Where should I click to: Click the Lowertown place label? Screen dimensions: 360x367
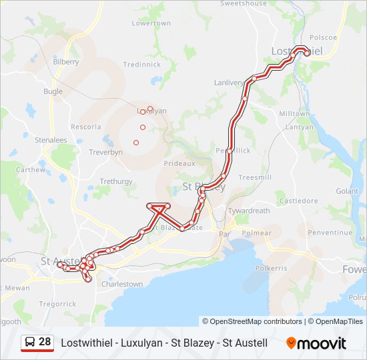(x=151, y=23)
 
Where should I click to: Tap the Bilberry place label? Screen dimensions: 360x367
(x=66, y=61)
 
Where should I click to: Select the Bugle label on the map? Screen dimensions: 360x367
(x=53, y=91)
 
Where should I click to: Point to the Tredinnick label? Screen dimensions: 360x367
(x=141, y=65)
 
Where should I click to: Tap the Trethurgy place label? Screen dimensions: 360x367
(x=116, y=181)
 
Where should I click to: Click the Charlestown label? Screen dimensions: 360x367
(x=121, y=284)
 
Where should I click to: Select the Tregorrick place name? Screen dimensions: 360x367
(x=58, y=304)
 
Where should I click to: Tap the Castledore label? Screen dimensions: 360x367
(x=298, y=200)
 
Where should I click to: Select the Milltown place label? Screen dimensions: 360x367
(x=294, y=114)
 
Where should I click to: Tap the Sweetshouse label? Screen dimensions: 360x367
(x=244, y=3)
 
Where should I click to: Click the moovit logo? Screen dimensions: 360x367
(x=316, y=343)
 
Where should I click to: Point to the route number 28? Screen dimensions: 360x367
(x=45, y=343)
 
